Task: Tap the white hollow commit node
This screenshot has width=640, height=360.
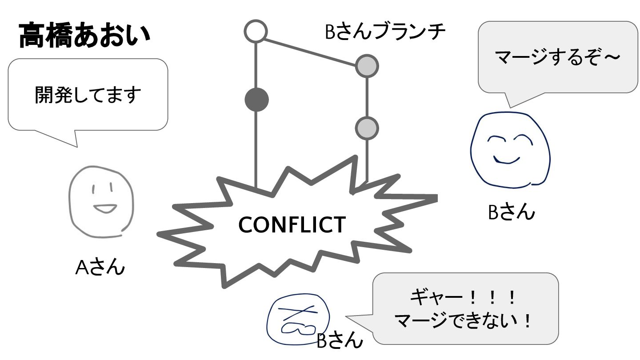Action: (x=256, y=32)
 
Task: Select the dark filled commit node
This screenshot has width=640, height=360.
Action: (x=256, y=100)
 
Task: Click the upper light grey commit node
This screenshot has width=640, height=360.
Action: (x=367, y=66)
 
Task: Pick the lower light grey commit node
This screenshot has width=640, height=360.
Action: (x=367, y=128)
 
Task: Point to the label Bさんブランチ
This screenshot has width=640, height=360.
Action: (x=385, y=32)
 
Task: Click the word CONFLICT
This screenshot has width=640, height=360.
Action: (x=292, y=225)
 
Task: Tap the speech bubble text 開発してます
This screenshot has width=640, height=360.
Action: (x=88, y=95)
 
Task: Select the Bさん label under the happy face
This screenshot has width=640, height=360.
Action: (x=511, y=212)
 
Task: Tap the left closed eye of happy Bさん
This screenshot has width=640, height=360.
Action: (x=496, y=139)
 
